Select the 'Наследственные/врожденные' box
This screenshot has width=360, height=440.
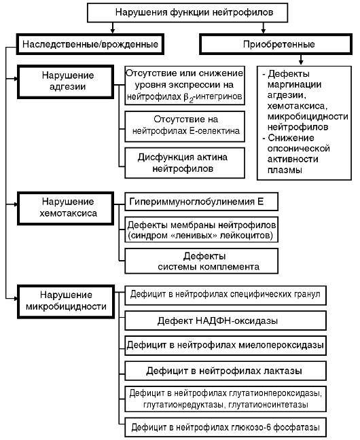click(90, 44)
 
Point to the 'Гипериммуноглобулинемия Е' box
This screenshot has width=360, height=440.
click(201, 202)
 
